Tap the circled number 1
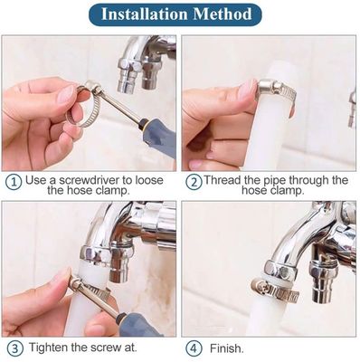[x=14, y=181]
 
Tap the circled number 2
[x=193, y=181]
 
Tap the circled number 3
[x=14, y=348]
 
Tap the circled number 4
[x=193, y=348]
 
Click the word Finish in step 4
[x=227, y=348]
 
